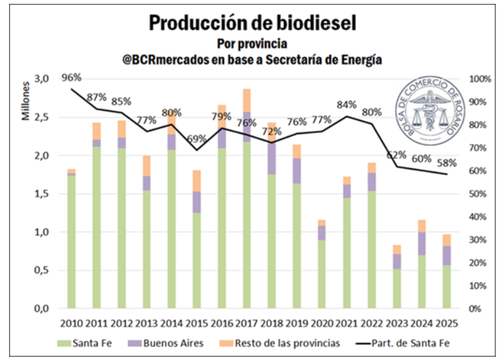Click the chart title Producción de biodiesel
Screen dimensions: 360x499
(x=252, y=23)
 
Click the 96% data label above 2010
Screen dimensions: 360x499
(x=71, y=78)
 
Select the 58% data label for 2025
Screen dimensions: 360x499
(x=446, y=163)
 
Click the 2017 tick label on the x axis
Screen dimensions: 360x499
(x=247, y=324)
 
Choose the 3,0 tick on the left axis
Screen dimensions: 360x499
(x=42, y=78)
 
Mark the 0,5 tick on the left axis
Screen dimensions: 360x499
(x=42, y=270)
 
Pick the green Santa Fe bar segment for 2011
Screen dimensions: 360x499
(x=96, y=227)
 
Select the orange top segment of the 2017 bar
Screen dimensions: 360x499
(x=247, y=100)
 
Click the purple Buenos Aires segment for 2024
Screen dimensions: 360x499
(x=422, y=244)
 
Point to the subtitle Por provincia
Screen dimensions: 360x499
(x=252, y=43)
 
